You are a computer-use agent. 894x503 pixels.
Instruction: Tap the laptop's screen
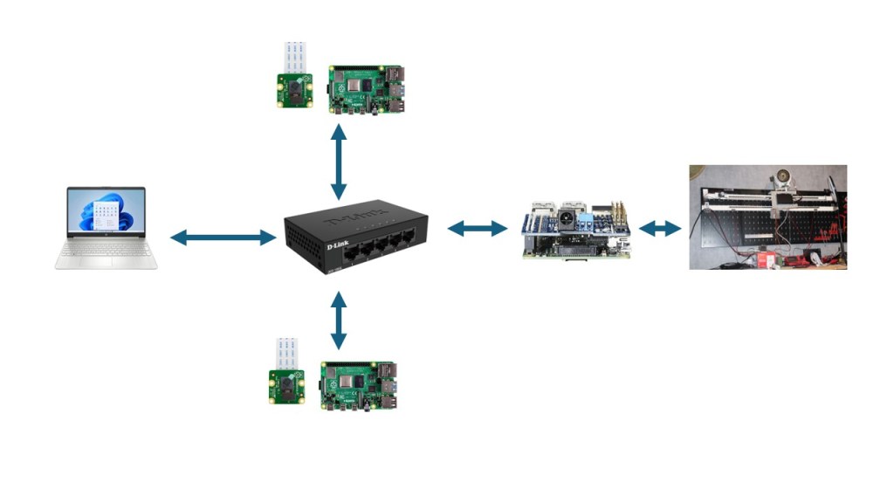pos(107,212)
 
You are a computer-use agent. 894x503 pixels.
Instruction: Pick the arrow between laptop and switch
pos(223,237)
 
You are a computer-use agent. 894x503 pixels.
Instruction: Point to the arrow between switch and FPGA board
pos(478,229)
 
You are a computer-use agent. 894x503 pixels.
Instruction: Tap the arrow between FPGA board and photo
pos(660,229)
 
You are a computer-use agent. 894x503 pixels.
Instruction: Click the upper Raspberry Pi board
pos(367,89)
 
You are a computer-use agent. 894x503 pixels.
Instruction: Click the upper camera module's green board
pos(295,92)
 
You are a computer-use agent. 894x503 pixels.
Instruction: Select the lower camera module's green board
pos(287,387)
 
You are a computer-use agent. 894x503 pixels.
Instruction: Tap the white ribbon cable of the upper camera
pos(293,57)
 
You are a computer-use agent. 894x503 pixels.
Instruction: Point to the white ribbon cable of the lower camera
pos(287,352)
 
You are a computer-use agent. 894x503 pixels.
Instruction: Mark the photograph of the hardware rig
pos(767,217)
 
